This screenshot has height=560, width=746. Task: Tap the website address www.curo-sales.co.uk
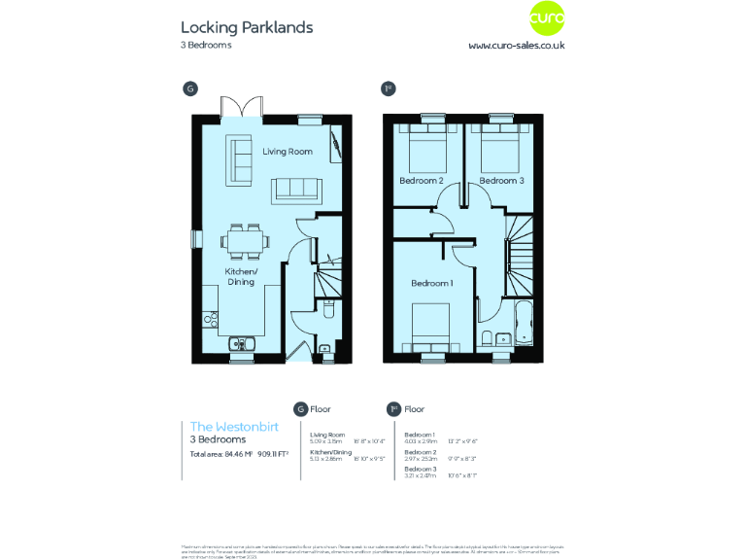point(517,45)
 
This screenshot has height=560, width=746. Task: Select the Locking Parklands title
point(247,27)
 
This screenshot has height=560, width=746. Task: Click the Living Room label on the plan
point(288,152)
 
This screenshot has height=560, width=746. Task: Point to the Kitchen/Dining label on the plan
point(241,276)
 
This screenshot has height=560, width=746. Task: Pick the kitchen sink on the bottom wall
point(240,342)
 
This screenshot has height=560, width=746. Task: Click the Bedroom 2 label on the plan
point(422,181)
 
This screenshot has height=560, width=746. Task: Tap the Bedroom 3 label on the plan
point(501,181)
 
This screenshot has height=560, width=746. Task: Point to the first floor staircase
point(520,255)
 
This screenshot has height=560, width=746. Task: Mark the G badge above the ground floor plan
point(190,88)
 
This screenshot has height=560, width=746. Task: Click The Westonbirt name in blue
point(222,427)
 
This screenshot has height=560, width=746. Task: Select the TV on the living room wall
point(336,144)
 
